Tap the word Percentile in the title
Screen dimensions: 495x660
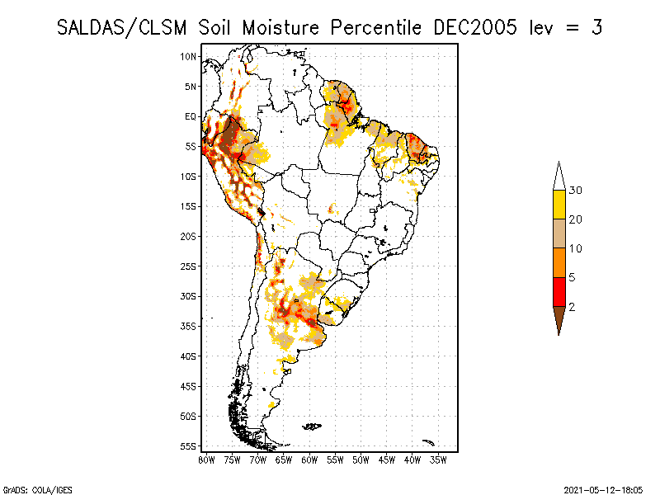click(379, 27)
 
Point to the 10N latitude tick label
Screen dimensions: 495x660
click(189, 56)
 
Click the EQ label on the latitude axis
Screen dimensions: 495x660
click(191, 116)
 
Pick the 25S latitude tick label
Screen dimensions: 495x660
click(189, 266)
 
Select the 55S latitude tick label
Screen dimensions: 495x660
click(189, 445)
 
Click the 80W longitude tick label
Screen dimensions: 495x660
click(206, 459)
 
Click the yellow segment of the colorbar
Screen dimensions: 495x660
click(559, 205)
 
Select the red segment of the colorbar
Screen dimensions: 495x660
click(559, 291)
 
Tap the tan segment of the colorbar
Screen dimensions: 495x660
click(559, 233)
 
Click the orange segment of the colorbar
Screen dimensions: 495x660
click(559, 262)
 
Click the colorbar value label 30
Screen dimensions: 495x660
click(576, 191)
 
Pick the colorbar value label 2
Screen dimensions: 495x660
click(573, 307)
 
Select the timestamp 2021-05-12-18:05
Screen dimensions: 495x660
click(602, 489)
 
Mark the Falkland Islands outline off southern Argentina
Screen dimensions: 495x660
click(312, 426)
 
